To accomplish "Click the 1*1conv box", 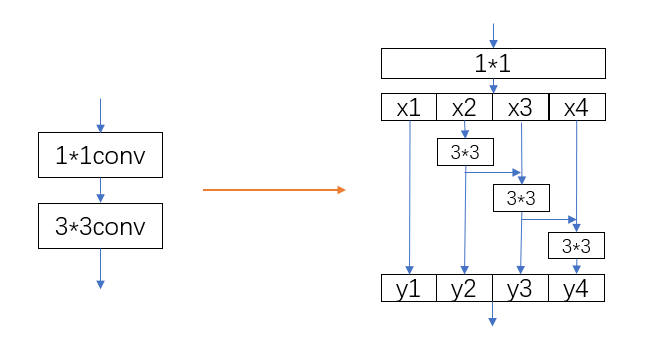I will pyautogui.click(x=99, y=155).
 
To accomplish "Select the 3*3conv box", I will pyautogui.click(x=99, y=227).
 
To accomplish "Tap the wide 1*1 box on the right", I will pyautogui.click(x=493, y=64).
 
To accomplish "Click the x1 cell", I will pyautogui.click(x=409, y=107).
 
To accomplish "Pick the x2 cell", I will pyautogui.click(x=465, y=107).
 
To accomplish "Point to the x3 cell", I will pyautogui.click(x=521, y=107).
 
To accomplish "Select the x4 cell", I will pyautogui.click(x=577, y=107).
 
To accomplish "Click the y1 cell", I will pyautogui.click(x=409, y=288).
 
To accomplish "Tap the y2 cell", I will pyautogui.click(x=465, y=288).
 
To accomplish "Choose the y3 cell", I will pyautogui.click(x=521, y=288).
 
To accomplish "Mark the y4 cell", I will pyautogui.click(x=577, y=288).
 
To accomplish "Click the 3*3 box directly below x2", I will pyautogui.click(x=466, y=152).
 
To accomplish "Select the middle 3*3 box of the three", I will pyautogui.click(x=521, y=198).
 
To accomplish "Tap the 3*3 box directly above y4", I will pyautogui.click(x=577, y=245).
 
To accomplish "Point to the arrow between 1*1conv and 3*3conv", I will pyautogui.click(x=99, y=191).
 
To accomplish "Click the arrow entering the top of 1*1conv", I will pyautogui.click(x=99, y=115).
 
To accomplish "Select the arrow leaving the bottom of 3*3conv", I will pyautogui.click(x=99, y=268).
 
